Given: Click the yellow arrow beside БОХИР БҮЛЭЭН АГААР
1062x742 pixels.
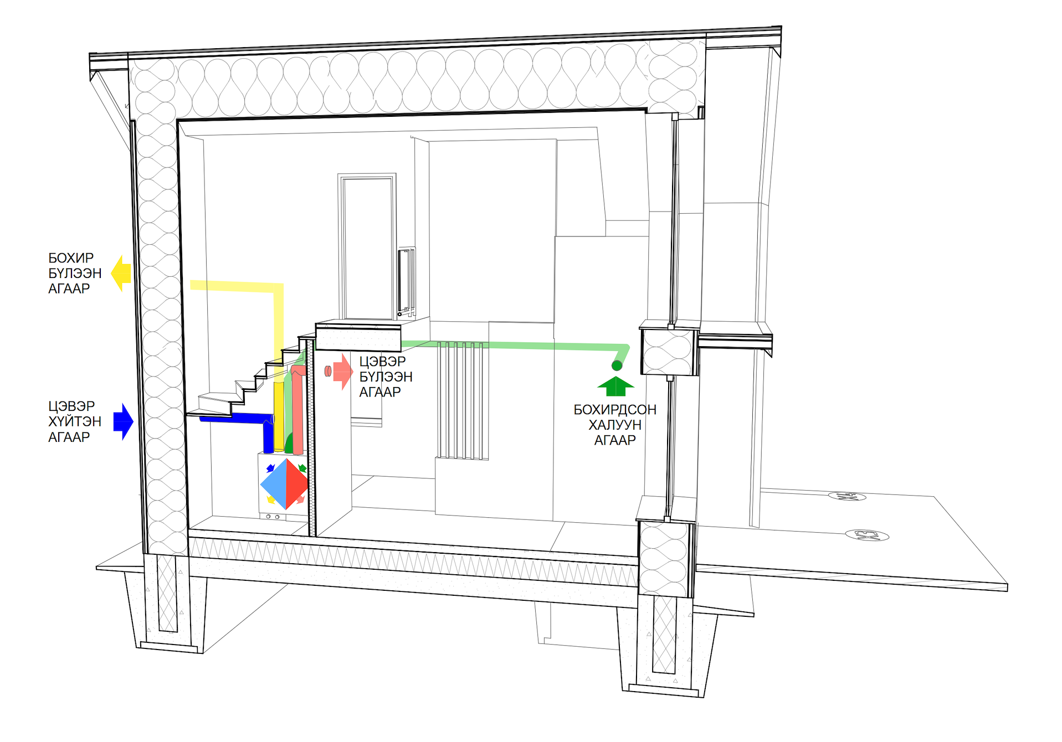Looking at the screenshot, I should click(121, 273).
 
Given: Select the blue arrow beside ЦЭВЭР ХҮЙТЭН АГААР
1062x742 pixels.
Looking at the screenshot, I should click(124, 421).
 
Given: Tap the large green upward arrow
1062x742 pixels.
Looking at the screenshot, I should click(615, 386).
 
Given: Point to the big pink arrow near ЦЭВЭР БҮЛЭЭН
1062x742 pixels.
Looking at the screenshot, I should click(343, 372).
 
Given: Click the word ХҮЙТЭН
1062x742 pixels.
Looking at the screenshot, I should click(75, 421).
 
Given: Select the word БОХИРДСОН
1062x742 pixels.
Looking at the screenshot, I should click(614, 410).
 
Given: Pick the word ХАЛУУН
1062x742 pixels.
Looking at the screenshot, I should click(614, 425).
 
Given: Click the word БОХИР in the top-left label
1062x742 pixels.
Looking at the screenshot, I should click(71, 258).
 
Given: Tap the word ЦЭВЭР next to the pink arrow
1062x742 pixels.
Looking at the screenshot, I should click(382, 362).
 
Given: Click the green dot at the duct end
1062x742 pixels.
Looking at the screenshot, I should click(617, 365).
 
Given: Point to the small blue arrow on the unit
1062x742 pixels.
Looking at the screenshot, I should click(270, 468).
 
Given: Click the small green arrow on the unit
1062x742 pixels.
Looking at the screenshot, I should click(302, 468).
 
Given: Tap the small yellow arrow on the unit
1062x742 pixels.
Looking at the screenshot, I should click(271, 499).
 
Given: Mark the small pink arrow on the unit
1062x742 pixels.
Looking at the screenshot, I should click(300, 499).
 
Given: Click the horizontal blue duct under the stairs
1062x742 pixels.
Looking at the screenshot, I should click(233, 418).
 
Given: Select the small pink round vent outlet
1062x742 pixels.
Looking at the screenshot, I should click(328, 371).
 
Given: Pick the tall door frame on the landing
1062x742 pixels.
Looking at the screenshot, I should click(367, 246).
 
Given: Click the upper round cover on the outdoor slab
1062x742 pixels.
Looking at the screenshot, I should click(847, 496).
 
